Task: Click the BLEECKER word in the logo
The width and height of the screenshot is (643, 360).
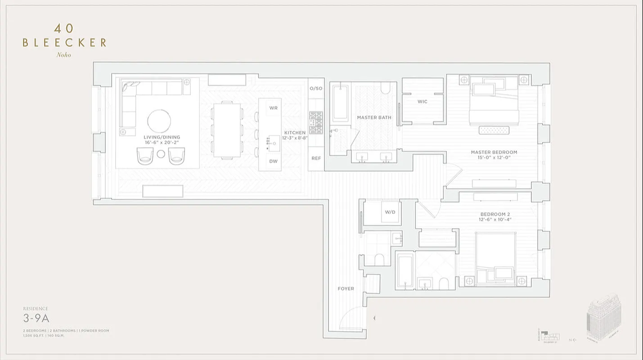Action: [x=64, y=43]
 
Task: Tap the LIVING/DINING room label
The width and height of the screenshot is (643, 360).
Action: [x=162, y=137]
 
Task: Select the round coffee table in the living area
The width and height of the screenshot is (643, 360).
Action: [x=159, y=121]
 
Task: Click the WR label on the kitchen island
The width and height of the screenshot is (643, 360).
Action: [x=273, y=108]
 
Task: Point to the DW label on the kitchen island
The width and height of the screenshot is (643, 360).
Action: [x=273, y=161]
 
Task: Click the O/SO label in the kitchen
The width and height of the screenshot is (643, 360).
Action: [x=316, y=88]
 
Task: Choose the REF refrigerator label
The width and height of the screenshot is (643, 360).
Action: [x=316, y=158]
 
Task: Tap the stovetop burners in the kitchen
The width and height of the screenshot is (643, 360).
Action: [x=316, y=122]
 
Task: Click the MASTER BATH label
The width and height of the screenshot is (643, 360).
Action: [x=374, y=117]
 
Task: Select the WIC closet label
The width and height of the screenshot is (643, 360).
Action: [x=422, y=102]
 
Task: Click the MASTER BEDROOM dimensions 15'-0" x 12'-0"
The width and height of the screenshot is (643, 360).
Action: [x=494, y=157]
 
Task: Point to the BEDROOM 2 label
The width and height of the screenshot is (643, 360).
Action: [x=495, y=214]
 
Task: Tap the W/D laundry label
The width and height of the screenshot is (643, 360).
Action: [x=389, y=212]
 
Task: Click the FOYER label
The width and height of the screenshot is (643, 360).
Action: [x=346, y=288]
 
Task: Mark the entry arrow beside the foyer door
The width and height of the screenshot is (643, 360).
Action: [x=374, y=318]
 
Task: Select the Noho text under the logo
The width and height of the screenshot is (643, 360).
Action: [x=64, y=55]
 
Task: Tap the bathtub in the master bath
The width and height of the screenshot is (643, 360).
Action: [x=340, y=103]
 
